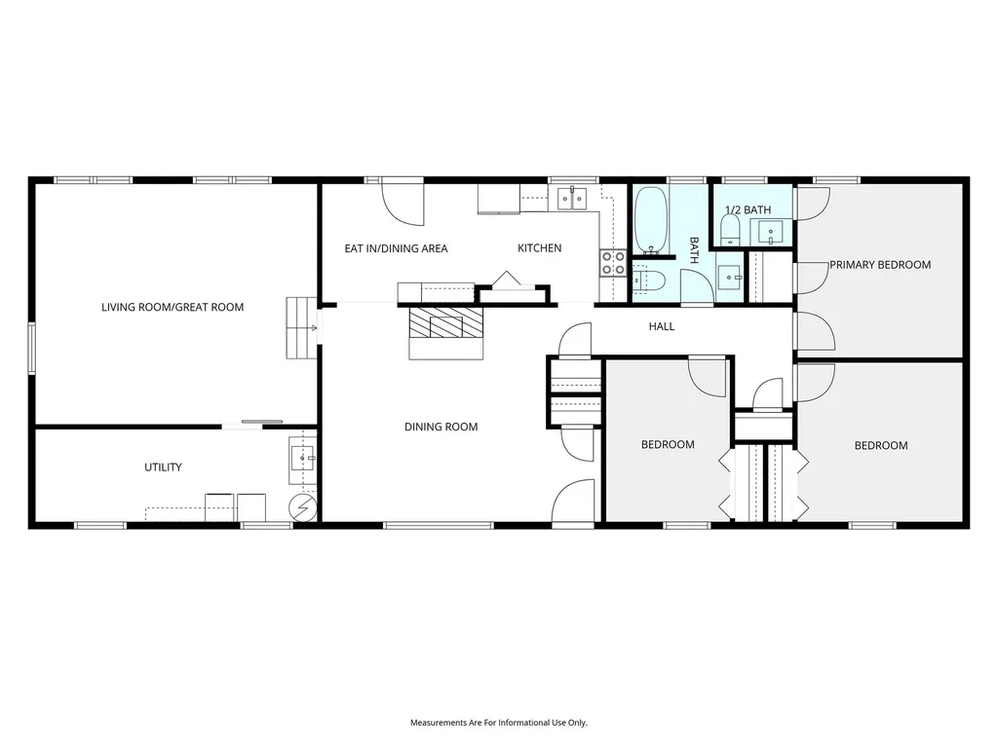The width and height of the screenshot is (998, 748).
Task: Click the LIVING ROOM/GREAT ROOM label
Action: (173, 307)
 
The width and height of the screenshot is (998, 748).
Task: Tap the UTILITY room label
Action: (163, 467)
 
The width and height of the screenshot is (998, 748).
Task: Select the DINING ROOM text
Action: (441, 427)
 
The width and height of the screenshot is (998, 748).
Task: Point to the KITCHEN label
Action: (540, 248)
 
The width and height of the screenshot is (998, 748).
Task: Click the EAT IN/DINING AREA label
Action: (396, 248)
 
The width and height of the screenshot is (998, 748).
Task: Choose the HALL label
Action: (662, 326)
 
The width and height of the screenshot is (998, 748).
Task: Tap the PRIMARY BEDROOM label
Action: (880, 265)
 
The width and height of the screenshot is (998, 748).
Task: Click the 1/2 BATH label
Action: (748, 210)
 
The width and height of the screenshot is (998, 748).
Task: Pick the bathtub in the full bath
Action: (650, 219)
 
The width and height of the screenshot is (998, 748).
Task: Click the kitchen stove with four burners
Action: (613, 263)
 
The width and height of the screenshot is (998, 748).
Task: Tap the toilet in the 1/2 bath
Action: (730, 229)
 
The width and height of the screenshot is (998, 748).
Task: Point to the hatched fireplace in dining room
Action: (445, 322)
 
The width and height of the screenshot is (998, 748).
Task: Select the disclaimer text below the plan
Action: (499, 723)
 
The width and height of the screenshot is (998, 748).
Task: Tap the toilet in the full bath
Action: (649, 280)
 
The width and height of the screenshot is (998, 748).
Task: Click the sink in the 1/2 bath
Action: (771, 232)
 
